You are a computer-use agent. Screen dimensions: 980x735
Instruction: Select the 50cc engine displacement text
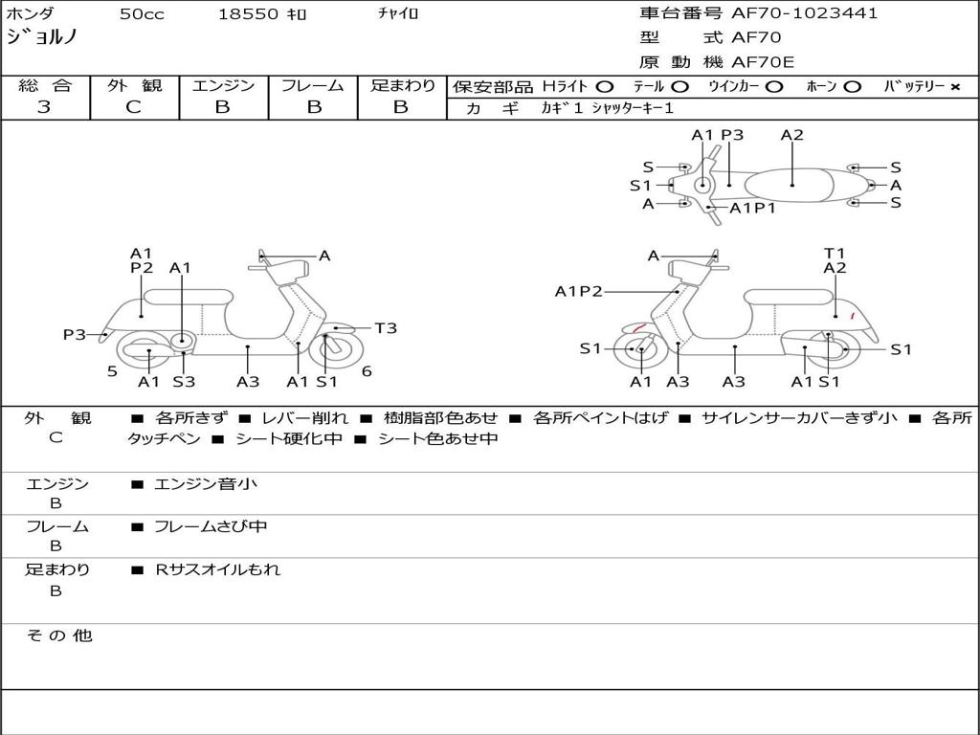click(141, 14)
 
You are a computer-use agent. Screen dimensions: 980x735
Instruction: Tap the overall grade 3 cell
click(44, 107)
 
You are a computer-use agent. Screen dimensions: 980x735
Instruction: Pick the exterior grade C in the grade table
click(134, 107)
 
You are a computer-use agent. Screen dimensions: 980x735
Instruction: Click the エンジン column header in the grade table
click(223, 86)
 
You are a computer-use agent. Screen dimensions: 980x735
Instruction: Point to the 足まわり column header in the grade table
click(402, 86)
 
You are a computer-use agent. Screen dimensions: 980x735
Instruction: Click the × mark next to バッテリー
click(955, 87)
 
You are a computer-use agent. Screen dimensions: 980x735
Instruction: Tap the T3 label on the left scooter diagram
click(385, 328)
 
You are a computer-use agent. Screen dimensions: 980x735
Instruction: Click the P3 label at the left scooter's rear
click(75, 334)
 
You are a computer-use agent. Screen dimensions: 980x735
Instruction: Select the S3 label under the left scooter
click(184, 382)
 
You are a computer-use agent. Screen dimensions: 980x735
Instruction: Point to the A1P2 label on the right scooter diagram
click(579, 292)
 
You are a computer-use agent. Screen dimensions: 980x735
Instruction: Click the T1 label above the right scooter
click(835, 254)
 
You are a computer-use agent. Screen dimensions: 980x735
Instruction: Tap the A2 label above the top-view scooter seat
click(792, 135)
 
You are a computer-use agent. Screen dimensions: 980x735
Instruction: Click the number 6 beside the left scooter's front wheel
click(367, 371)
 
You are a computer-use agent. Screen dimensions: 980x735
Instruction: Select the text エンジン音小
click(206, 484)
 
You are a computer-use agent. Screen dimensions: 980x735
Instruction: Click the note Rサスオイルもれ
click(218, 569)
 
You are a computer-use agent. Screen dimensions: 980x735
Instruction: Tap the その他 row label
click(59, 635)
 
